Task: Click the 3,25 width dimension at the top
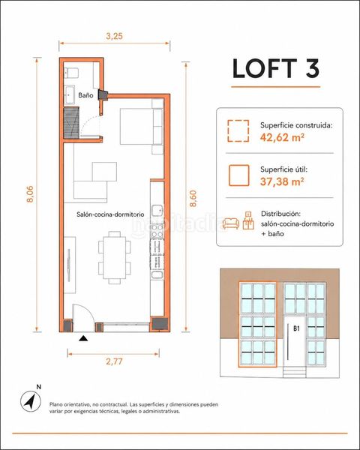114,36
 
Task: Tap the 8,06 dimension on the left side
30,194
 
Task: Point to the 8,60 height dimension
193,199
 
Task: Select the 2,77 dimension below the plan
114,361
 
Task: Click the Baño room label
85,95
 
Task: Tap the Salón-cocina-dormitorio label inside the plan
110,214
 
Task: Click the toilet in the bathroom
71,73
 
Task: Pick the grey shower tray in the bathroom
71,122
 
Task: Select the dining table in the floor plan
115,257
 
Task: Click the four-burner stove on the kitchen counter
157,231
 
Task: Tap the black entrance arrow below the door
83,338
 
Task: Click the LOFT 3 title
275,68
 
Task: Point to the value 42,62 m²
282,137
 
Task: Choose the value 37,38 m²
282,181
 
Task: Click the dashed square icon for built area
238,130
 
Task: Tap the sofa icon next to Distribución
231,223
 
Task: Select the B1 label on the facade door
296,328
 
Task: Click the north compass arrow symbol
31,401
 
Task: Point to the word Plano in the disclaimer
56,404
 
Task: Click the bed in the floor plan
142,126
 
